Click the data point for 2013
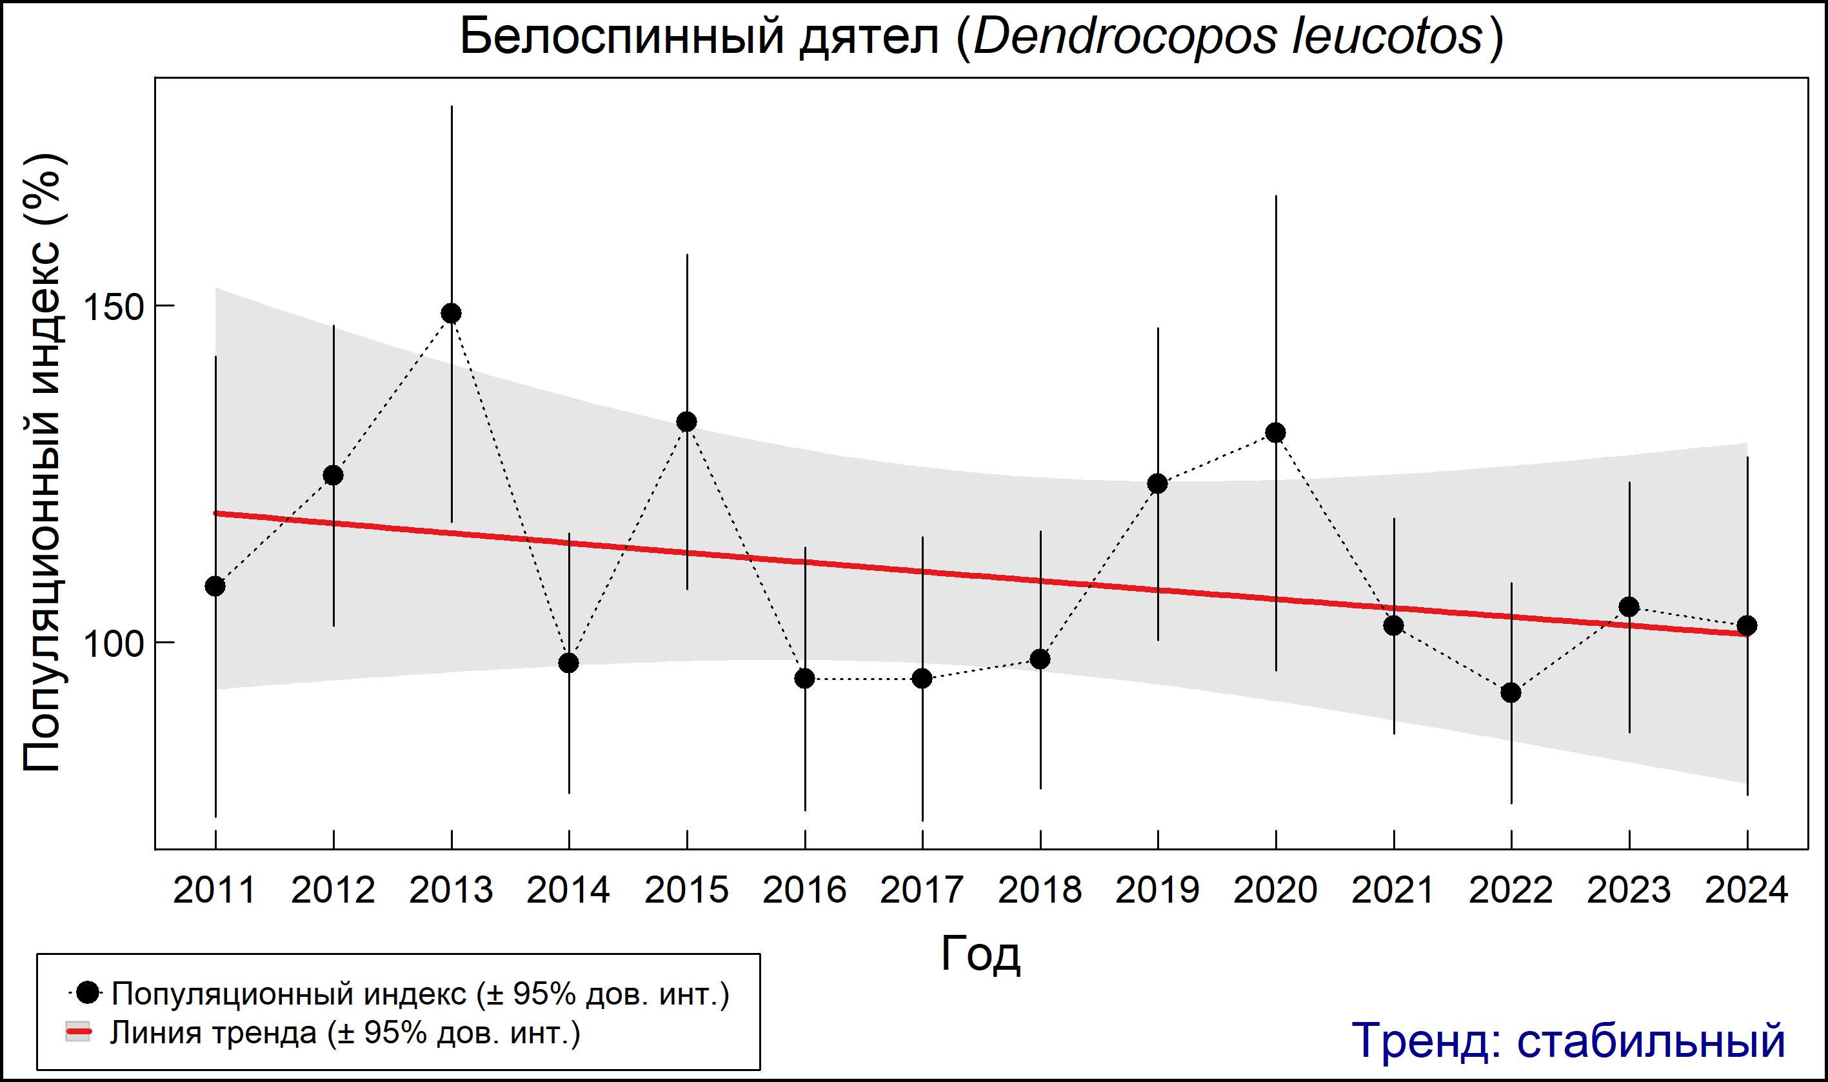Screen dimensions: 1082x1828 pyautogui.click(x=451, y=314)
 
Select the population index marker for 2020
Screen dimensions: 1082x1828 pyautogui.click(x=1275, y=433)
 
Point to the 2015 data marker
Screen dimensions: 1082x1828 pyautogui.click(x=686, y=422)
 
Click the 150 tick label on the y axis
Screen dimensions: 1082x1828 pyautogui.click(x=113, y=307)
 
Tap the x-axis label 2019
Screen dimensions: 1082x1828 pyautogui.click(x=1157, y=890)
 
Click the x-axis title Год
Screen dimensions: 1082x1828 pyautogui.click(x=980, y=954)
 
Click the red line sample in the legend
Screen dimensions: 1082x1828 pyautogui.click(x=78, y=1032)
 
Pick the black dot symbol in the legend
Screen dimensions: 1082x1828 pyautogui.click(x=88, y=992)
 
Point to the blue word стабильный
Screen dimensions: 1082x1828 pyautogui.click(x=1651, y=1041)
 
